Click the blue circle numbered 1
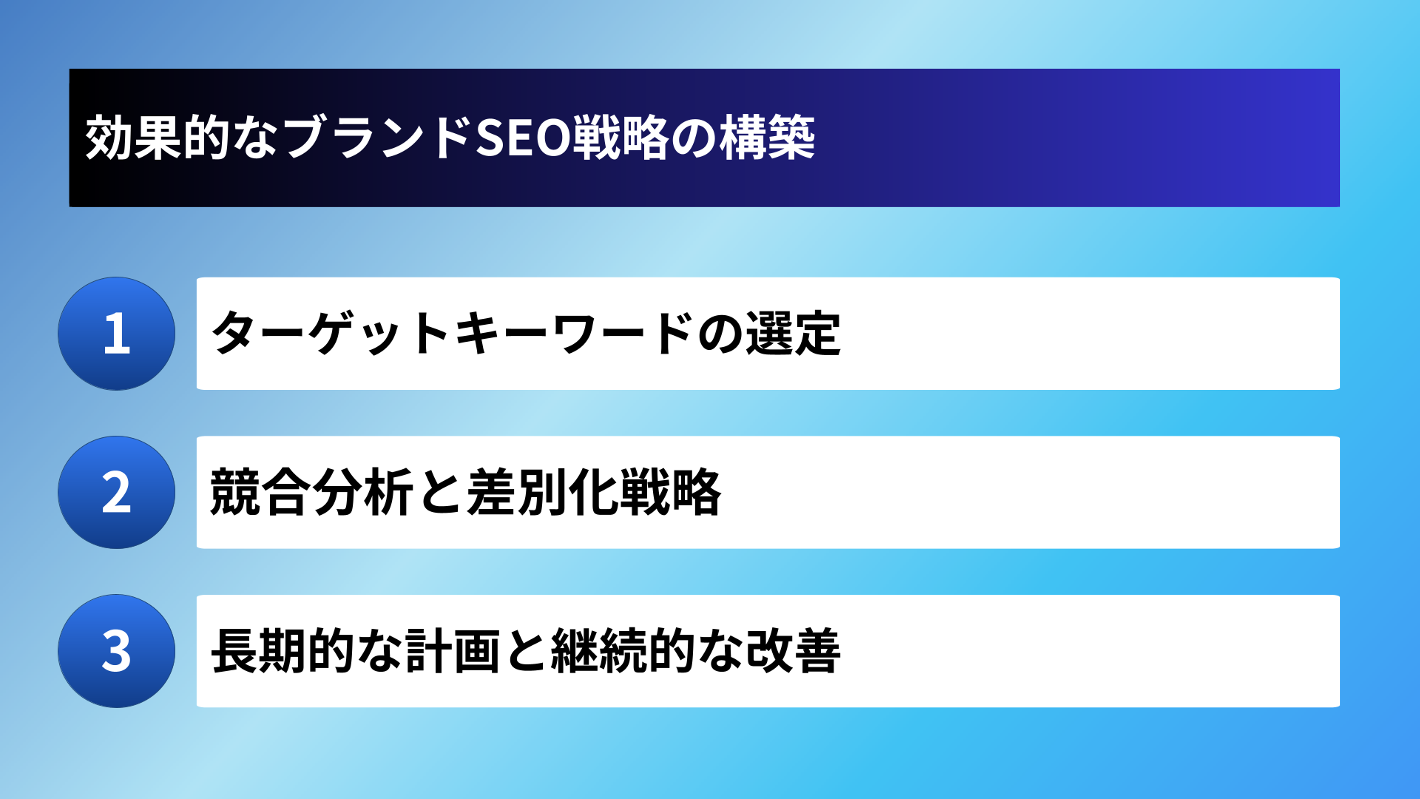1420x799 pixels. coord(117,334)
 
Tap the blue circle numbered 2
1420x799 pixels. coord(117,492)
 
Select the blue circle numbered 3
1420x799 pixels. coord(117,651)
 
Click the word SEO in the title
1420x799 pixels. coord(521,138)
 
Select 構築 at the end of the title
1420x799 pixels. coord(768,138)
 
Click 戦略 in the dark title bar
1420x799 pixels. coord(620,138)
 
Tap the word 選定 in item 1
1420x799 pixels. coord(793,334)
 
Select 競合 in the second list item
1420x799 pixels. coord(259,492)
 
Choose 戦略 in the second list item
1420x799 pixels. coord(670,492)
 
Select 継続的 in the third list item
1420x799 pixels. coord(623,651)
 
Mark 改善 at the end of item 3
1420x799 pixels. coord(793,651)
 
